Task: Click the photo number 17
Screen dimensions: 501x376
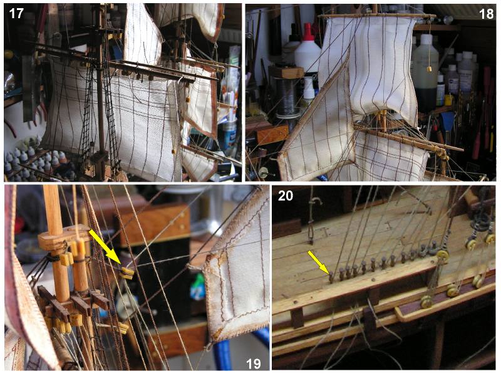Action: [16, 13]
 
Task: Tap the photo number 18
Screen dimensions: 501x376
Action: [487, 14]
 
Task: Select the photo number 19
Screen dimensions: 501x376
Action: [254, 363]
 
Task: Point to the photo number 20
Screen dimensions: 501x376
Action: [286, 196]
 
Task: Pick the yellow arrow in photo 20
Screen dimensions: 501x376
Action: [318, 262]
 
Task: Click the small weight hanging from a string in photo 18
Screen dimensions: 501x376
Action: [429, 69]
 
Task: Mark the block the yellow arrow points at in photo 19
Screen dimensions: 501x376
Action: [127, 273]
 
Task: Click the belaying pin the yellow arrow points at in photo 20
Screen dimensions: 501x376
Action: [332, 277]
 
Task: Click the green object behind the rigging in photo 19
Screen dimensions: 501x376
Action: [198, 286]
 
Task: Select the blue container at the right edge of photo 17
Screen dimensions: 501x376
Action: [229, 135]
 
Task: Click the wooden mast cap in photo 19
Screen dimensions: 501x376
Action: [64, 237]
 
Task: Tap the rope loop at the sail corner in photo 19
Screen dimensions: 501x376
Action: [194, 267]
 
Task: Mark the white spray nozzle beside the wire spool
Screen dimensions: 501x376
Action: [309, 86]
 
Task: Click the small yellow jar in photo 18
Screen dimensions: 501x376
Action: [449, 100]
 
